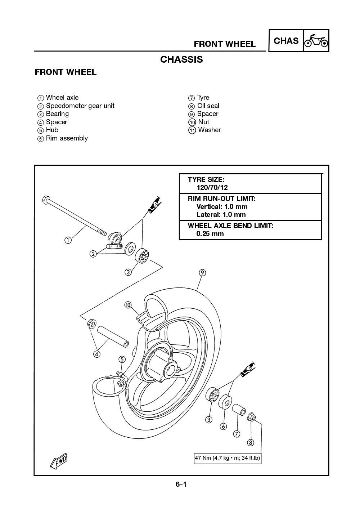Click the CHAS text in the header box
[286, 41]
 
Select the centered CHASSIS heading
[181, 59]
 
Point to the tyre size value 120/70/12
[212, 187]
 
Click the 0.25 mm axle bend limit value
[210, 233]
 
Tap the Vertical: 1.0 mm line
[222, 207]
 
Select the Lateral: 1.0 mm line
[221, 215]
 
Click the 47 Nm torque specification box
[227, 458]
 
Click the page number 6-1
[181, 485]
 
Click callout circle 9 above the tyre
[202, 273]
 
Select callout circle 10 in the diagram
[128, 305]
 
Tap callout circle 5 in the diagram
[122, 359]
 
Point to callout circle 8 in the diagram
[250, 442]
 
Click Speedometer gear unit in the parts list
[80, 106]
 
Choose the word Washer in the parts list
[209, 130]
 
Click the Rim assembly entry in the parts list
[67, 138]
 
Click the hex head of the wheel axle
[46, 198]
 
